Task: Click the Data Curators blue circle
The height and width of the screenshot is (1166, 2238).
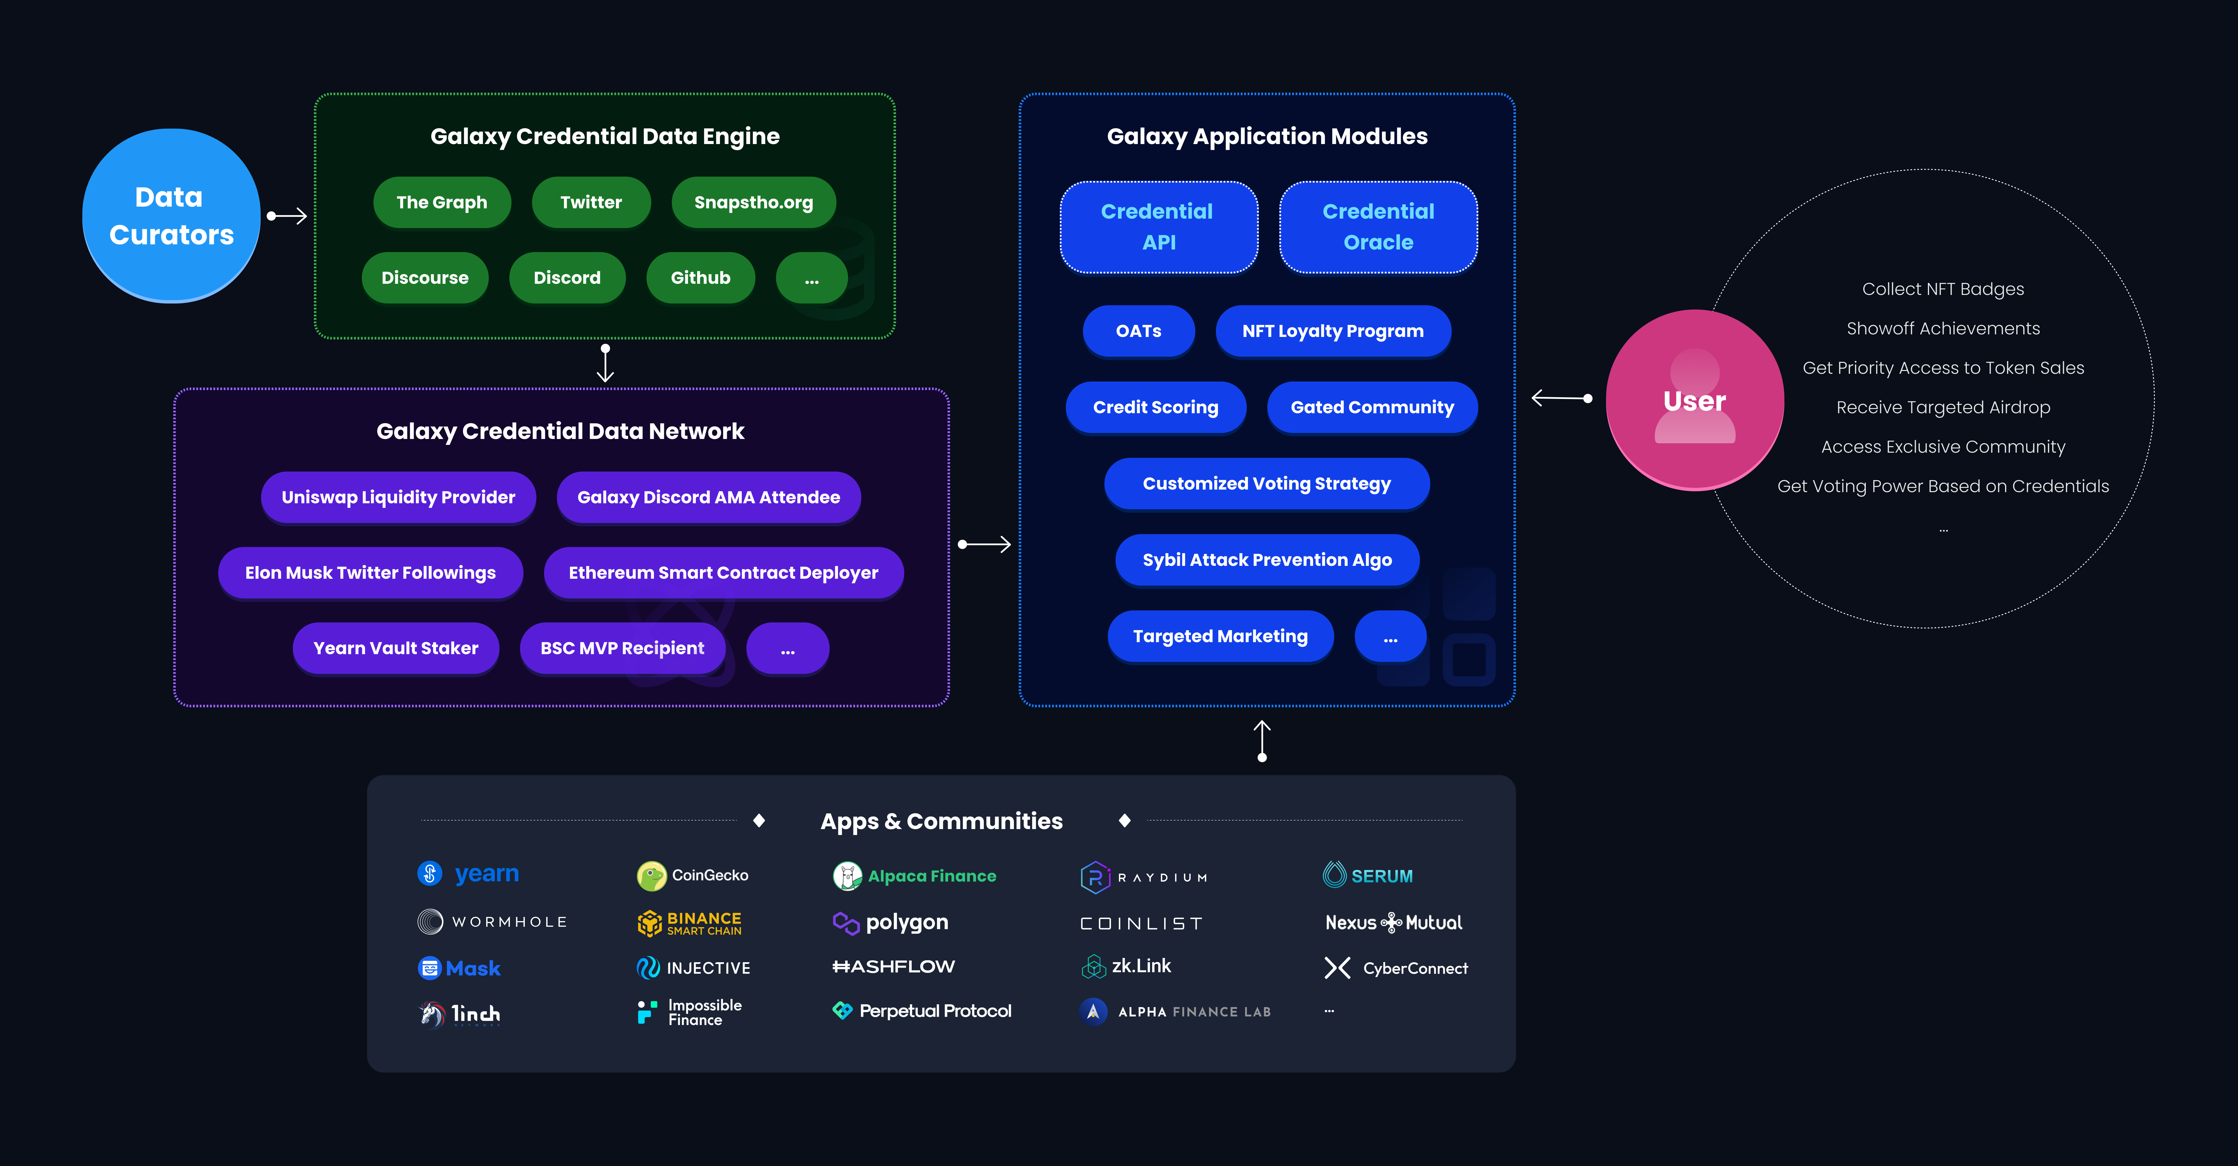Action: coord(171,215)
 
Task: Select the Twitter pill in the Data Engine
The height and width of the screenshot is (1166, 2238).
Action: coord(591,202)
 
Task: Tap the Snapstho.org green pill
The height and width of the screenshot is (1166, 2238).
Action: coord(753,202)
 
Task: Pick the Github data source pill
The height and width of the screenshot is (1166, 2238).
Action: coord(700,278)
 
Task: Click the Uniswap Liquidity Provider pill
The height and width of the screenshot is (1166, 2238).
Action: coord(398,497)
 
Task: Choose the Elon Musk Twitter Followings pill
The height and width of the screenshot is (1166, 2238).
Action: coord(370,573)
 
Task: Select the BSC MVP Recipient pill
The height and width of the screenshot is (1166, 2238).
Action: coord(622,648)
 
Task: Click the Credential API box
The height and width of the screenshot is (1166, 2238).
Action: coord(1158,227)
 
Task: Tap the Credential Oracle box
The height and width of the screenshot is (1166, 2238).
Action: coord(1378,227)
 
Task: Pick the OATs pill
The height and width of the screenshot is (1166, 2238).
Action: coord(1138,331)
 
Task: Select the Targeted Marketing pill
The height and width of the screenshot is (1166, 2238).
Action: coord(1220,636)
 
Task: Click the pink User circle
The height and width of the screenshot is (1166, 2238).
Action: coord(1694,400)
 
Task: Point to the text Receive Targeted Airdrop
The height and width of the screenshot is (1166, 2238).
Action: coord(1943,408)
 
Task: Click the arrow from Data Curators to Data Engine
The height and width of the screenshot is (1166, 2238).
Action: coord(287,215)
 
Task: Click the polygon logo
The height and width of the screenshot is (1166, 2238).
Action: coord(891,922)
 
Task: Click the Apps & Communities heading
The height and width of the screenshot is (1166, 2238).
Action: coord(941,821)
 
